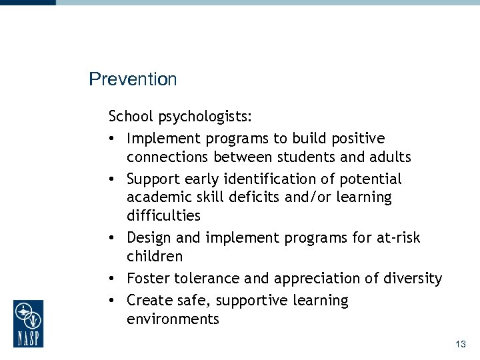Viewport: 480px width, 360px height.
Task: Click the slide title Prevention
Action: (x=133, y=79)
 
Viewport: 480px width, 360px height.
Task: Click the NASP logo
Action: (x=28, y=323)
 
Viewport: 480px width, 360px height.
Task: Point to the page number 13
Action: (x=460, y=344)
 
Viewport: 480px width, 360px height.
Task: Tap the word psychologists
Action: (x=205, y=117)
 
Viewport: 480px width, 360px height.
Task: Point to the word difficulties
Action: (x=163, y=215)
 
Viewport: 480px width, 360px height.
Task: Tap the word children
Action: (x=154, y=256)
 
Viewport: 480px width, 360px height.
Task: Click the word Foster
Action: (x=148, y=279)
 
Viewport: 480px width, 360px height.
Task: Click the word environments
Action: (x=173, y=319)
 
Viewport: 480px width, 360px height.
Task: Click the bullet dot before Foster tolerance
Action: (x=114, y=279)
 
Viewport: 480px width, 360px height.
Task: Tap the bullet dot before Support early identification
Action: (x=114, y=179)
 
